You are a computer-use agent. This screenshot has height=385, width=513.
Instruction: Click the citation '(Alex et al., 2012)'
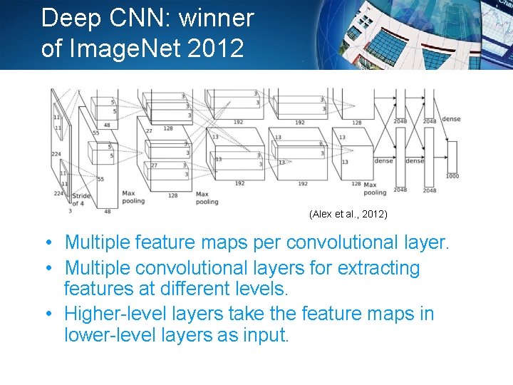pos(348,214)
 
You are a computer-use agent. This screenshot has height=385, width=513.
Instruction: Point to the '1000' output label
pos(452,175)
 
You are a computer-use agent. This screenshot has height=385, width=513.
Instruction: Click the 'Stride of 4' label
pos(81,199)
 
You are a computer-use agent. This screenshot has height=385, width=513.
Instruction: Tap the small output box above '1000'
pos(451,156)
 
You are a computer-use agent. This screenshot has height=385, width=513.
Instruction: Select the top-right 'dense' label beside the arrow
pos(451,118)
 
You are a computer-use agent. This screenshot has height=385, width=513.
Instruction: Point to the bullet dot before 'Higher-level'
pos(46,314)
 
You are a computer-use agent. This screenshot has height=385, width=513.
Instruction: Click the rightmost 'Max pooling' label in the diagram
pos(375,188)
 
